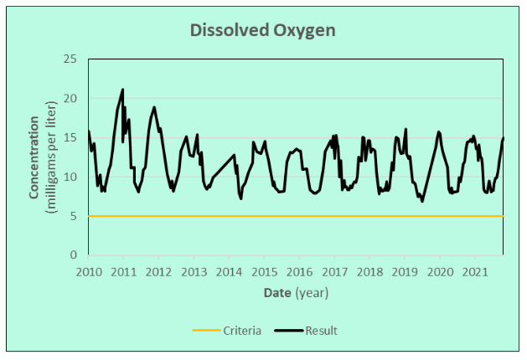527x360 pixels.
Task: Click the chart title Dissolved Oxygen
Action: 263,30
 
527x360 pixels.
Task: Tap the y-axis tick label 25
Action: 70,59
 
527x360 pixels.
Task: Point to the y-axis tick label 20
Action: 70,99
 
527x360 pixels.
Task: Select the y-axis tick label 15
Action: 70,137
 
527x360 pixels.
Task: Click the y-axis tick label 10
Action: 70,177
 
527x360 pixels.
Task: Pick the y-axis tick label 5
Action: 74,216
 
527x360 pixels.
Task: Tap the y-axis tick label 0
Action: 74,255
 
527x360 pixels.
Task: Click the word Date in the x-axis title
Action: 276,292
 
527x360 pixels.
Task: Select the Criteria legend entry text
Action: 240,331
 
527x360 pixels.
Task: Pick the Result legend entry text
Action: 321,331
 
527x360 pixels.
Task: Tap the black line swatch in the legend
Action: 287,331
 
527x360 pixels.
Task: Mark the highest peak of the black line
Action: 122,90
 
